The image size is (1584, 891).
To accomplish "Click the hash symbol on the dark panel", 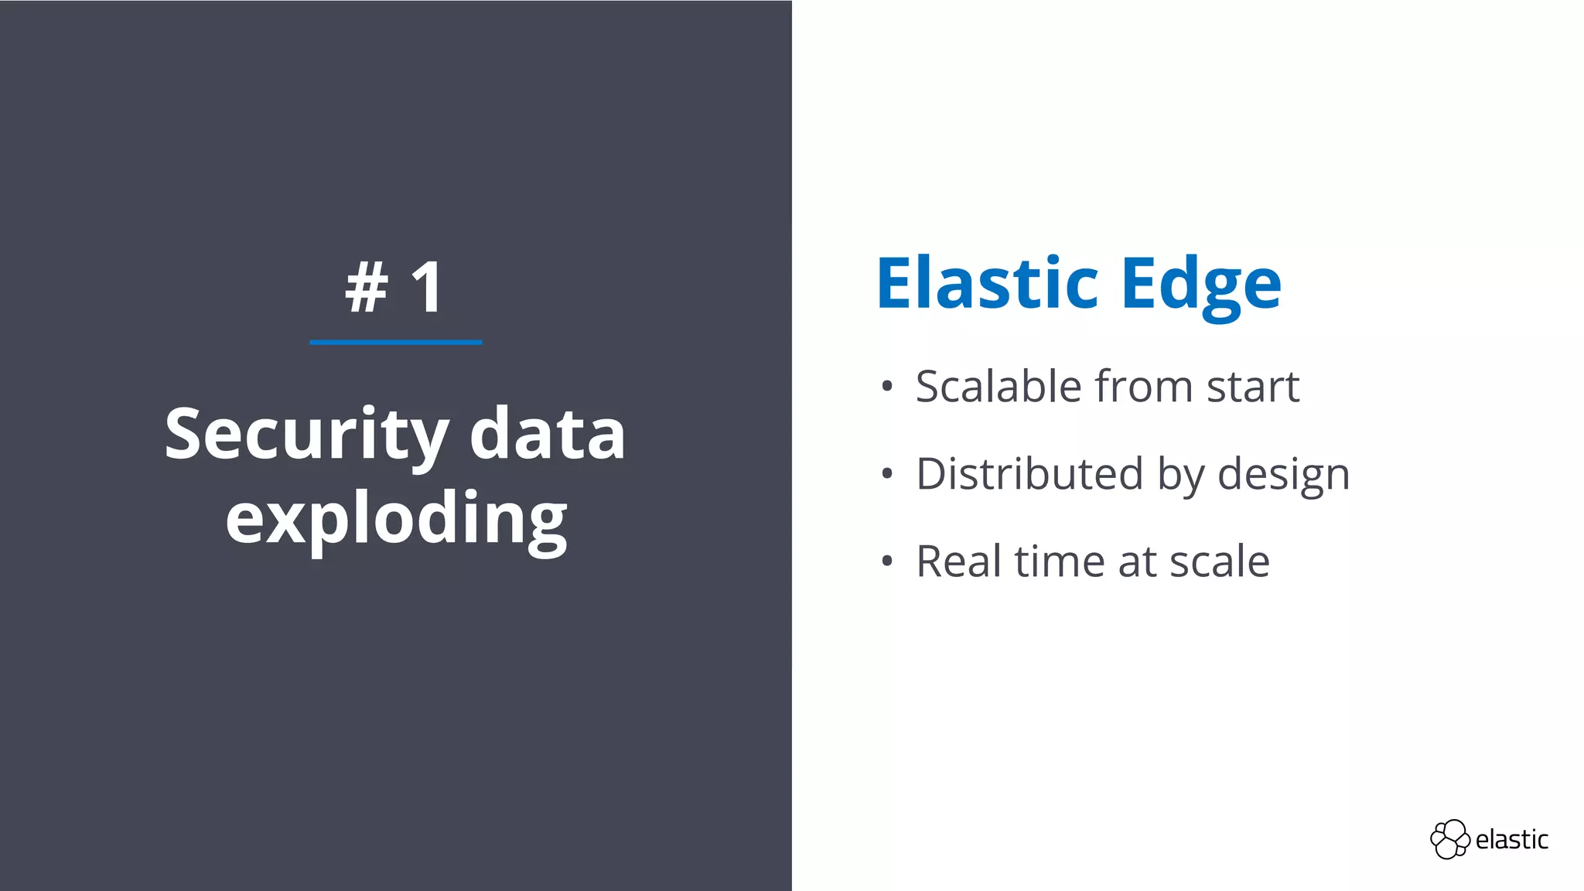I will click(x=367, y=287).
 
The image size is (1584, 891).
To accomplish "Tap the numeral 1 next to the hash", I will click(x=427, y=287).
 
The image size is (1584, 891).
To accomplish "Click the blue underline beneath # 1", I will click(x=395, y=342).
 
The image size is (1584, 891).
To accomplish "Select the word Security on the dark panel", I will click(x=306, y=435).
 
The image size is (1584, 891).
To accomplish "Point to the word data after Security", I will click(x=547, y=435).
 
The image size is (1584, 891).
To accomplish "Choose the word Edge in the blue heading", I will click(x=1201, y=285).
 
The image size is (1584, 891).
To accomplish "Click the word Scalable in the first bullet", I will click(x=999, y=386).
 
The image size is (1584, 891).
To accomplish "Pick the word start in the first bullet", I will click(x=1253, y=387).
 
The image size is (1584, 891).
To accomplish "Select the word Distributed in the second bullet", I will click(x=1029, y=473).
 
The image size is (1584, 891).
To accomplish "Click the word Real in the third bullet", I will click(x=959, y=561).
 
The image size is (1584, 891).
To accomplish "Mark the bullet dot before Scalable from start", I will click(x=887, y=387).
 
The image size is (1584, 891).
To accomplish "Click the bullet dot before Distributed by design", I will click(x=887, y=474).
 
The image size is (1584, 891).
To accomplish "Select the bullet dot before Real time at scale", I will click(x=887, y=562).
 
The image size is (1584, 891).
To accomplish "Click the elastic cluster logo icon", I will click(x=1449, y=839).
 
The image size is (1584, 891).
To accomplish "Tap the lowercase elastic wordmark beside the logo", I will click(x=1511, y=839).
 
